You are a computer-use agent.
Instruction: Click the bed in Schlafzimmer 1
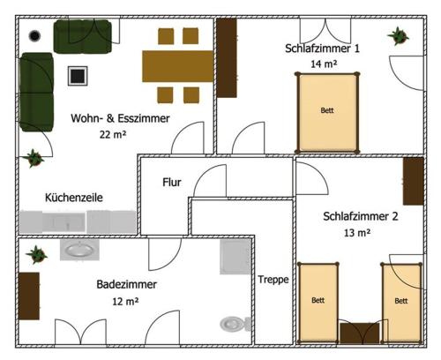tap(327, 110)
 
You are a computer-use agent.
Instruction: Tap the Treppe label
tap(273, 280)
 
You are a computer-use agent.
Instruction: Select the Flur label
tap(172, 183)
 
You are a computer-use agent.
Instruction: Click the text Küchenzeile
tap(74, 199)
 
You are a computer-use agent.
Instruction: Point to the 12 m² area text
tap(125, 301)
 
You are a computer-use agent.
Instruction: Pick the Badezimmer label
tap(127, 285)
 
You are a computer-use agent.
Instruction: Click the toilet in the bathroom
tap(232, 324)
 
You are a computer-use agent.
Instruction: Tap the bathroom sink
tap(79, 250)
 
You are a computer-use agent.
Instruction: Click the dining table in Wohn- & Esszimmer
tap(177, 64)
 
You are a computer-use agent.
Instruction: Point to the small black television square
tap(78, 75)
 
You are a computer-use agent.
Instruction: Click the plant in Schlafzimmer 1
tap(398, 37)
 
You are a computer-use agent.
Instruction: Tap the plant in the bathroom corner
tap(36, 255)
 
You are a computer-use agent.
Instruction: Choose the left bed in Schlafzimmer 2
tap(318, 303)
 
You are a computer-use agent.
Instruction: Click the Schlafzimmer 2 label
tap(361, 216)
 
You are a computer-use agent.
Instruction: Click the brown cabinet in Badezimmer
tap(28, 296)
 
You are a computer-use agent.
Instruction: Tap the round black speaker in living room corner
tap(34, 36)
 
